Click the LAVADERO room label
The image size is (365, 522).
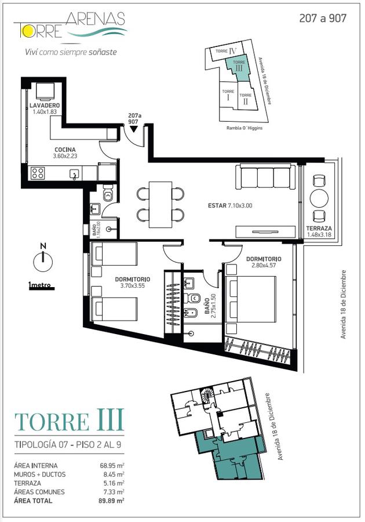pos(45,106)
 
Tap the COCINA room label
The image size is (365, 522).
pos(65,150)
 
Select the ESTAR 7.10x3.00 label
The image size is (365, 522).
pos(230,206)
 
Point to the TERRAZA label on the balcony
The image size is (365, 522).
pos(319,229)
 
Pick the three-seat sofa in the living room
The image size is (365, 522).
pos(265,177)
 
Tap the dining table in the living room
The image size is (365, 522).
pos(160,205)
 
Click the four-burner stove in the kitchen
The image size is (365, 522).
pos(37,173)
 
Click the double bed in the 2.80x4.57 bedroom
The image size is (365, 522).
pos(251,300)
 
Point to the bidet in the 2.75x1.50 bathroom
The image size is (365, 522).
pos(192,313)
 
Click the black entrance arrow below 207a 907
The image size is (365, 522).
pos(133,129)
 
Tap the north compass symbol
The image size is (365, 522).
pos(43,260)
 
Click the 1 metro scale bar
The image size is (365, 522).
pos(42,288)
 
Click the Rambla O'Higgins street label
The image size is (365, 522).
pos(244,128)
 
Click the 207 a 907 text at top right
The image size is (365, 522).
pos(323,19)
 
